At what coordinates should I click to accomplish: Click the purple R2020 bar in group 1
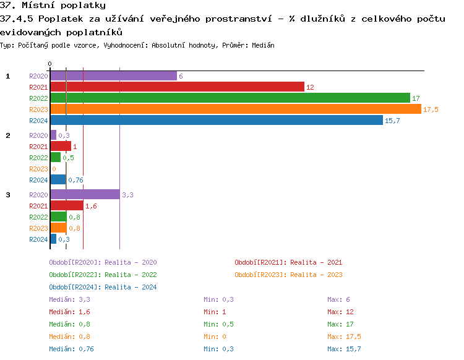click(113, 76)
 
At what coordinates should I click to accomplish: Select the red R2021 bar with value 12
click(177, 87)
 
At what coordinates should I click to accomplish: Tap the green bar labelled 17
click(230, 98)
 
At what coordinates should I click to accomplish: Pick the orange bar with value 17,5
click(235, 109)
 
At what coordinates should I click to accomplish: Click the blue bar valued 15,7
click(216, 121)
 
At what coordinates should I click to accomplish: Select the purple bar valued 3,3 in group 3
click(85, 195)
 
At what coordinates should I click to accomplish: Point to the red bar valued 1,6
click(66, 206)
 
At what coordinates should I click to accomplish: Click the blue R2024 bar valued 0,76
click(58, 180)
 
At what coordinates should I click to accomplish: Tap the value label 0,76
click(75, 180)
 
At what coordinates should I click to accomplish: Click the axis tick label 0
click(49, 64)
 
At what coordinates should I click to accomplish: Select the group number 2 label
click(8, 135)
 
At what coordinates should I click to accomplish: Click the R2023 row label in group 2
click(38, 169)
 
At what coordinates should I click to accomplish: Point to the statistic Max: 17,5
click(344, 336)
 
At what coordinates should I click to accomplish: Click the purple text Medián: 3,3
click(65, 299)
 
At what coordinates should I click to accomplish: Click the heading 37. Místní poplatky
click(53, 6)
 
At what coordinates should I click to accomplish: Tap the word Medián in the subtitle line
click(264, 46)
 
